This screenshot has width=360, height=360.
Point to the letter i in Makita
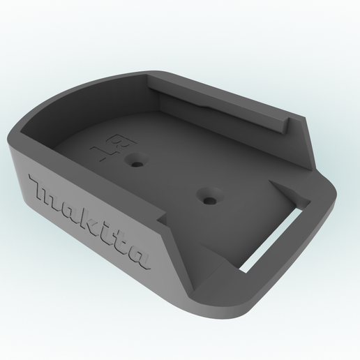point(105,230)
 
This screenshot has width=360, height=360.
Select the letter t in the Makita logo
point(119,241)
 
